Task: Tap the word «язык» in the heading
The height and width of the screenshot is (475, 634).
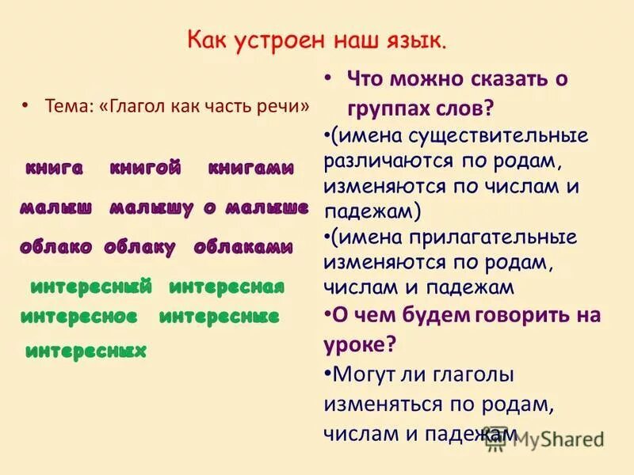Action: [x=418, y=39]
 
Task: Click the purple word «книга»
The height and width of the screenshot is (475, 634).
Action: [x=54, y=168]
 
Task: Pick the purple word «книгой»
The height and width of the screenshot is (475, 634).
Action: [x=145, y=168]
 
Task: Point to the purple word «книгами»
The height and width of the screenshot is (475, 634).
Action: [x=250, y=169]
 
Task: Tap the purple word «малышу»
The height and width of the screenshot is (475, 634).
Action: [x=151, y=208]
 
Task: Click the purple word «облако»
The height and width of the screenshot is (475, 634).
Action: [x=56, y=247]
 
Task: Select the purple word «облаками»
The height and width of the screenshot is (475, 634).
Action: [x=243, y=247]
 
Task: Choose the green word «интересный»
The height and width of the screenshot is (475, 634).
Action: [x=90, y=287]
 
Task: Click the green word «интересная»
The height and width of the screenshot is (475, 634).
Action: [x=227, y=287]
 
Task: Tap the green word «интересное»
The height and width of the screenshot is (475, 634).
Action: [x=79, y=317]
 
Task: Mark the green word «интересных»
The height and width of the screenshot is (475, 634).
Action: [x=86, y=351]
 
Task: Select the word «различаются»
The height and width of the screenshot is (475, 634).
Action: [x=383, y=161]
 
